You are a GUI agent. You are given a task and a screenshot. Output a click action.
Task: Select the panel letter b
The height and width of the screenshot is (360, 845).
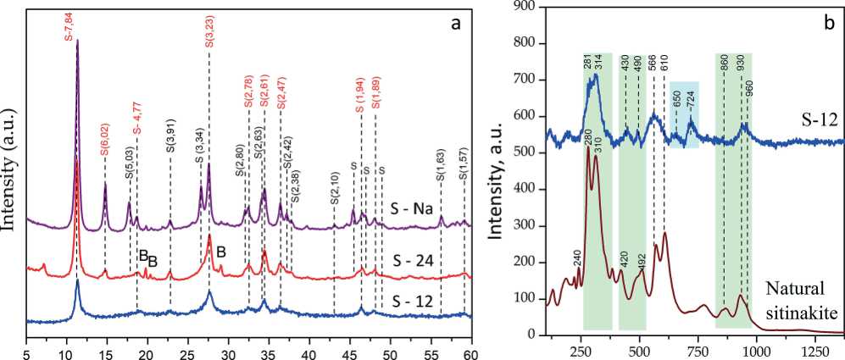tap(828, 18)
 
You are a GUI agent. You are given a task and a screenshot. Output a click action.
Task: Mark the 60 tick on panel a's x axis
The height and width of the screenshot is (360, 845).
tap(472, 350)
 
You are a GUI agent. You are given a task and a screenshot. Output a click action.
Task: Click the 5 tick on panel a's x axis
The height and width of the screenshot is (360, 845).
tap(27, 350)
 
